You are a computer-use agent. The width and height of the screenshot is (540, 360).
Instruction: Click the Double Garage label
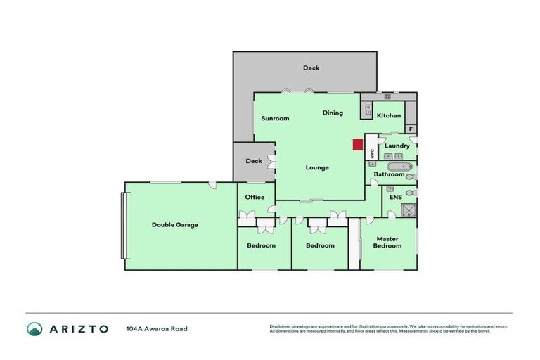(175, 225)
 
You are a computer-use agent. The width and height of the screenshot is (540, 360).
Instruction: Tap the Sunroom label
(275, 118)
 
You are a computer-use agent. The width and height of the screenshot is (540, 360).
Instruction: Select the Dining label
(333, 112)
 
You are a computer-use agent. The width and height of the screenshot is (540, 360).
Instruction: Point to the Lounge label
(317, 167)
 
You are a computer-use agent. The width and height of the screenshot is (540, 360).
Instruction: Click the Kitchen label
(389, 115)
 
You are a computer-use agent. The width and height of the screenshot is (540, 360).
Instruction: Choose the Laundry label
(397, 146)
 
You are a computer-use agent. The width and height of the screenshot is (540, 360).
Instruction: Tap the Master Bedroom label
(387, 242)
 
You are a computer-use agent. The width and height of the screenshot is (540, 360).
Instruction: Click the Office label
(255, 197)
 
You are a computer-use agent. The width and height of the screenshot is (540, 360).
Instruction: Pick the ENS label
(395, 198)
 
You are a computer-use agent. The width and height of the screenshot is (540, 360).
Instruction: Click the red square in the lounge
(357, 145)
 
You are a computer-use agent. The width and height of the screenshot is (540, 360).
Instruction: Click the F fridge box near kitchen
(411, 129)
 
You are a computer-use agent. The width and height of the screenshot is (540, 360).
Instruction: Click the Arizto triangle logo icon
(34, 328)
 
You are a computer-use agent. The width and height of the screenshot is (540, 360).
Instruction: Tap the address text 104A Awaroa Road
(157, 328)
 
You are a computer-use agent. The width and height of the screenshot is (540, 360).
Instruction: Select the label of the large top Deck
(311, 67)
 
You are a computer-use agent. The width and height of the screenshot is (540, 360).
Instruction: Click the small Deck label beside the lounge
(254, 161)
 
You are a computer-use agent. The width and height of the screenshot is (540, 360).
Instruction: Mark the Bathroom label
(389, 174)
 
